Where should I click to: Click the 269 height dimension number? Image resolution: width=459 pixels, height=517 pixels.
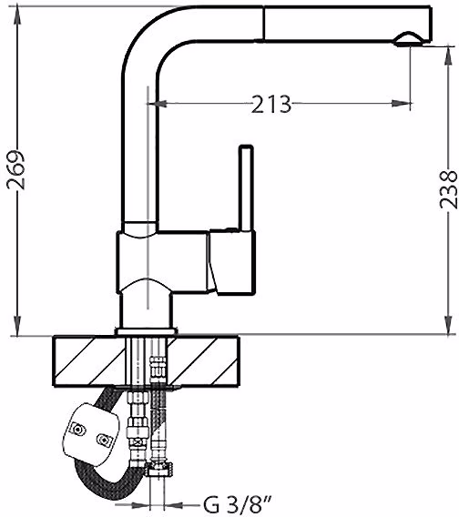tap(15, 170)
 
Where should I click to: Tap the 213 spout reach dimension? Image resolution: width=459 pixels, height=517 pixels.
tap(271, 104)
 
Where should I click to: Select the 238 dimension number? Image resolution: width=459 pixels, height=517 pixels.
tap(448, 189)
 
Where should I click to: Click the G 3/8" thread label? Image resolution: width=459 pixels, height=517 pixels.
tap(237, 505)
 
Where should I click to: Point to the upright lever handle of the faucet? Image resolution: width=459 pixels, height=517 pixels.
tap(247, 188)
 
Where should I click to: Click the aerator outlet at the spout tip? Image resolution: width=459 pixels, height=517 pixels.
tap(408, 39)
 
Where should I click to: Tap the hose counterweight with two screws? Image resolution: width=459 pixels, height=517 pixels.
tap(91, 433)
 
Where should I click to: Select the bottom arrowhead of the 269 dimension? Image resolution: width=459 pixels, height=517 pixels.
tap(17, 326)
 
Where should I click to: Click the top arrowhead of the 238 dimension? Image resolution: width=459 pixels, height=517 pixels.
tap(448, 56)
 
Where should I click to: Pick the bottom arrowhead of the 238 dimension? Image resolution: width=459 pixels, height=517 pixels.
tap(448, 325)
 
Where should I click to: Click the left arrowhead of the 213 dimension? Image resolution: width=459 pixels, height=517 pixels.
tap(160, 104)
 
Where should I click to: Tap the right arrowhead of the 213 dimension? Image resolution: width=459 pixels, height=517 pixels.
tap(401, 104)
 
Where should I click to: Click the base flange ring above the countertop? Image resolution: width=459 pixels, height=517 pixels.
tap(147, 331)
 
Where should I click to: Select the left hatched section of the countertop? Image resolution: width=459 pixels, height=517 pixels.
tap(89, 361)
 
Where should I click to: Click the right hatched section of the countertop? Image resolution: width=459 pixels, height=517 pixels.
tap(204, 361)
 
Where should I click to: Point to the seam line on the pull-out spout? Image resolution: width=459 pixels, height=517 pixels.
tap(264, 24)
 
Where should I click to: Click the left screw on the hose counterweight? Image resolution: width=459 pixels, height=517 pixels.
tap(78, 430)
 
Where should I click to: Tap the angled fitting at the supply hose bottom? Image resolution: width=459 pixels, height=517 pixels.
tap(159, 469)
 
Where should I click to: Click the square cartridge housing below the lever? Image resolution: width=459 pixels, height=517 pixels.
tap(232, 262)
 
